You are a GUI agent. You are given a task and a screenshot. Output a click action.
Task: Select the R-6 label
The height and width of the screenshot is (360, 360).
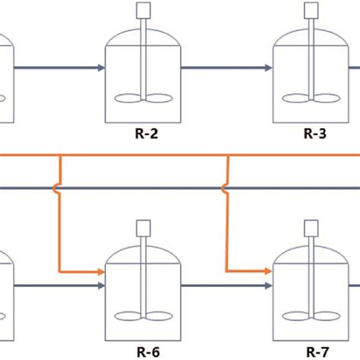pyautogui.click(x=143, y=351)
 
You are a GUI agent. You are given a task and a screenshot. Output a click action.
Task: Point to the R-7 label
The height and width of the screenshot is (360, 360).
pyautogui.click(x=314, y=351)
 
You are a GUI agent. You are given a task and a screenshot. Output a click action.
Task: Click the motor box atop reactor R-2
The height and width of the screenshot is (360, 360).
pyautogui.click(x=143, y=11)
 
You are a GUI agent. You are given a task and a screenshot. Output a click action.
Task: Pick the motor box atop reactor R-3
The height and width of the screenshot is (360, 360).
pyautogui.click(x=311, y=11)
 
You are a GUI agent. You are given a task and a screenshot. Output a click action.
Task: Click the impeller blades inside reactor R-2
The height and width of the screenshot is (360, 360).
pyautogui.click(x=143, y=98)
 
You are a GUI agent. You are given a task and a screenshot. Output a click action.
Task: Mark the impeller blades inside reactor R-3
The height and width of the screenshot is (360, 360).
pyautogui.click(x=311, y=98)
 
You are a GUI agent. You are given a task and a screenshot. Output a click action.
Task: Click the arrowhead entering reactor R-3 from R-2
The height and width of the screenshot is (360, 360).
pyautogui.click(x=268, y=68)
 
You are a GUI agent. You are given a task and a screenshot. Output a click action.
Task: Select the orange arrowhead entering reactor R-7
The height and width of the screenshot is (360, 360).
pyautogui.click(x=268, y=270)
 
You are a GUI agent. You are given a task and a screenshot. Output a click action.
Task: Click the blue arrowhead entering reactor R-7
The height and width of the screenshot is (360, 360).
pyautogui.click(x=268, y=286)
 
